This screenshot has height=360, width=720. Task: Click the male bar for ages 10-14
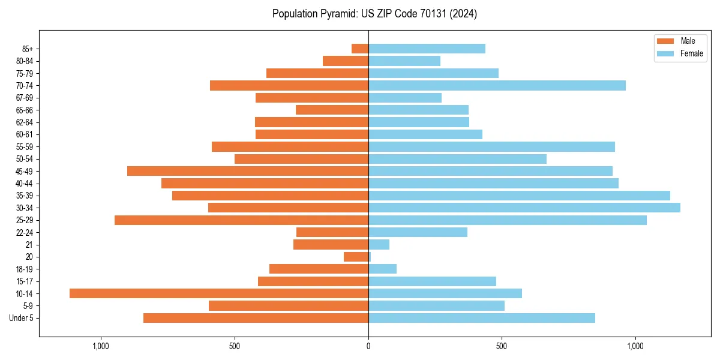point(219,293)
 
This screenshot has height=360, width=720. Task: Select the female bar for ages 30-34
point(524,208)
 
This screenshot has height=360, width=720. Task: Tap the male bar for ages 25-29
point(241,220)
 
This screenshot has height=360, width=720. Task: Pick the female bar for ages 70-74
point(497,85)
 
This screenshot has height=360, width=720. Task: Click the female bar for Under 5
point(482,318)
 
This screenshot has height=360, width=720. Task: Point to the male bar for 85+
point(360,49)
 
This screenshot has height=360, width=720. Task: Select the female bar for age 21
point(379,245)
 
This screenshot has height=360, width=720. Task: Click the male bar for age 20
point(356,257)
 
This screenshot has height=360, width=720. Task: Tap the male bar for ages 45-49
point(248,171)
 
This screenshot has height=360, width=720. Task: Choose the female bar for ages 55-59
point(491,146)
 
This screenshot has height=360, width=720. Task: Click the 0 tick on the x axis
point(368,346)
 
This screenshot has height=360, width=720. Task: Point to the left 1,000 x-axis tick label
point(101,346)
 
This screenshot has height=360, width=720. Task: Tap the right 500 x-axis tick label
point(502,346)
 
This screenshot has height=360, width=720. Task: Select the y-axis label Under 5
point(22,318)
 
